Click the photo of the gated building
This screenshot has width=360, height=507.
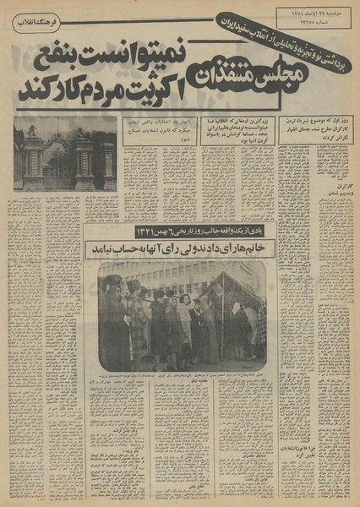point(64,154)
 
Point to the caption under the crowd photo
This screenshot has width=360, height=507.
point(181,378)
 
